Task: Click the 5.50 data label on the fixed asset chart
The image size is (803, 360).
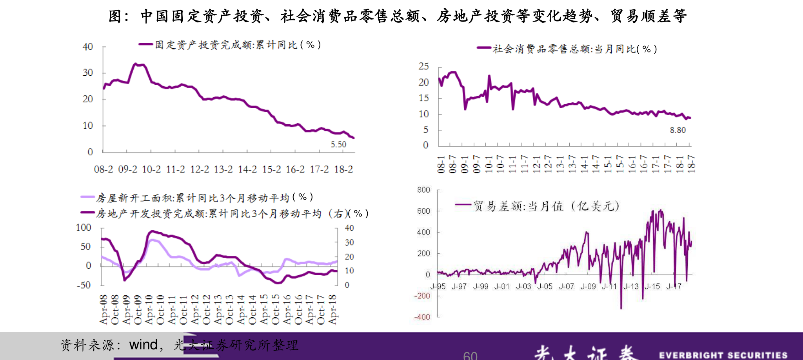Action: coord(338,144)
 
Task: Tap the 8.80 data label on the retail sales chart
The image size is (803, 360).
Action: coord(678,130)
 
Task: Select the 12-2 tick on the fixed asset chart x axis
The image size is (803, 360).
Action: coord(200,169)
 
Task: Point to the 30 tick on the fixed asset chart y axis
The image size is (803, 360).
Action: coord(88,73)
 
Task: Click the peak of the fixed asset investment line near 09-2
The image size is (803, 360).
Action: coord(135,64)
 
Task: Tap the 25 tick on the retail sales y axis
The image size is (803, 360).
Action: coord(423,66)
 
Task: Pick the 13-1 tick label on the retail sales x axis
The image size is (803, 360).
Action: coord(560,164)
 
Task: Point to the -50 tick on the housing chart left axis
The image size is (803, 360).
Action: coord(84,285)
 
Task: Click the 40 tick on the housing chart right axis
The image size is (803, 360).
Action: coord(349,228)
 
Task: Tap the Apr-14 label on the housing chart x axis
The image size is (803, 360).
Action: coord(241,309)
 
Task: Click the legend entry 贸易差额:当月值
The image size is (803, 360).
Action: coord(545,206)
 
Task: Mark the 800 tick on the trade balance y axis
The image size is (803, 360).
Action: coord(423,190)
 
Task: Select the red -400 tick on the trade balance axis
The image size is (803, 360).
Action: coord(422,317)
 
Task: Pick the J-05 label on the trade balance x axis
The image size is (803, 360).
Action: coord(545,287)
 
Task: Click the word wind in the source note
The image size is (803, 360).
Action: coord(143,345)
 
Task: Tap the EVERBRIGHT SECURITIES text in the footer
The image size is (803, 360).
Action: coord(723,355)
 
